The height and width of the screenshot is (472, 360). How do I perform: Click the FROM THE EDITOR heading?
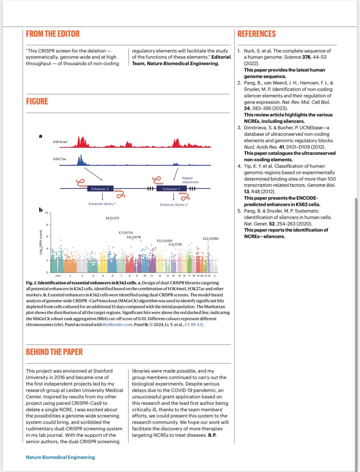coord(53,34)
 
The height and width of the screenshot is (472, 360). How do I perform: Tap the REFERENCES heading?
coord(257,34)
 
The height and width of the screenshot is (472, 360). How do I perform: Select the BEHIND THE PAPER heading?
coord(54,352)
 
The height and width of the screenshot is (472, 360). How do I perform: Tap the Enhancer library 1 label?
coord(102,204)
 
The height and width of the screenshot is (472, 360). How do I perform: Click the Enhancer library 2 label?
coord(174,205)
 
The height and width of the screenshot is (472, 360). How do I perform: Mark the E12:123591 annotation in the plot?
coord(164,240)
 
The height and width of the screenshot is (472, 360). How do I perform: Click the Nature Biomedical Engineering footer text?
coord(60,457)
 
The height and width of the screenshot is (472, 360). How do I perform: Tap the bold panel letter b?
coord(41,210)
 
